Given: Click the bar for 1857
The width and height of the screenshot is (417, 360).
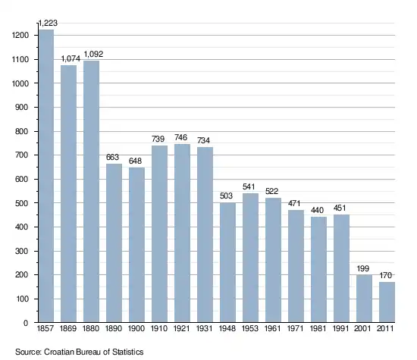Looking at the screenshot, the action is click(46, 176).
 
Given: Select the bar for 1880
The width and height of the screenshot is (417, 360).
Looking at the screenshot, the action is click(91, 192).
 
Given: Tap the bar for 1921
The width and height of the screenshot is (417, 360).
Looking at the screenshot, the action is click(182, 233).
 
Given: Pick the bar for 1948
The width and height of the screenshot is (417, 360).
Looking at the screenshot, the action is click(227, 262).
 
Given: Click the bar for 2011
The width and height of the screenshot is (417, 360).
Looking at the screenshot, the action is click(387, 302).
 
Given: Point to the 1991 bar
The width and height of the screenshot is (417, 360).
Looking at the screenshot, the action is click(341, 268).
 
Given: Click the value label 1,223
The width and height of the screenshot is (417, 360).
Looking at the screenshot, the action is click(48, 23).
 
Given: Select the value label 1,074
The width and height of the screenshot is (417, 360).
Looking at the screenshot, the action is click(71, 58).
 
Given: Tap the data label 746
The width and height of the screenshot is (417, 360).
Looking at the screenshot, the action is click(181, 137).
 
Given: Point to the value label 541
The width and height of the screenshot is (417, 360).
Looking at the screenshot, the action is click(249, 186).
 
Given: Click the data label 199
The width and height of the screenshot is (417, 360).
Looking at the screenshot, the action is click(363, 268).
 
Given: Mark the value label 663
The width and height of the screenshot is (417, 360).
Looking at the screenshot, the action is click(112, 157).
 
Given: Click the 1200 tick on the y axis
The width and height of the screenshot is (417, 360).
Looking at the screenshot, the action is click(20, 35).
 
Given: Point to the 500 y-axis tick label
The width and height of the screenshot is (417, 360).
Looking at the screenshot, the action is click(22, 203).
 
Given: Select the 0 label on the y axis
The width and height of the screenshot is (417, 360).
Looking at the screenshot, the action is click(26, 323).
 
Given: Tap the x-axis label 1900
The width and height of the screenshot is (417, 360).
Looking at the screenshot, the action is click(136, 329).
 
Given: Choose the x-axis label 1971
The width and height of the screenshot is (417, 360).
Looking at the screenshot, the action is click(296, 329).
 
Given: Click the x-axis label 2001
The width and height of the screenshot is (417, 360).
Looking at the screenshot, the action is click(362, 329).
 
